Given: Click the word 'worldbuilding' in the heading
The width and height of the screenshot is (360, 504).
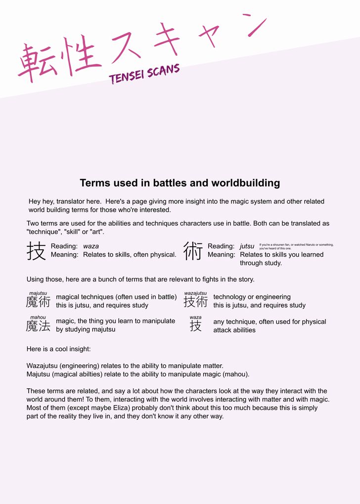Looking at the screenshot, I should coord(245,183).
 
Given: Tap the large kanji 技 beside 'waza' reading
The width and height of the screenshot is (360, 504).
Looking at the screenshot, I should coord(36,251).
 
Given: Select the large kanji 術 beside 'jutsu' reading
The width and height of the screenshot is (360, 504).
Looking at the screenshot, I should coord(193,251).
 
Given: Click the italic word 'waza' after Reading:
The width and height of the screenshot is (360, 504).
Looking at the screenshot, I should coord(90,246).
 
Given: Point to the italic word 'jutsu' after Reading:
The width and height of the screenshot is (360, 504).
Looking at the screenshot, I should coord(247,246).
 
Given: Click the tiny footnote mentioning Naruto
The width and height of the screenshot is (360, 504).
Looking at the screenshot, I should coord(296,246).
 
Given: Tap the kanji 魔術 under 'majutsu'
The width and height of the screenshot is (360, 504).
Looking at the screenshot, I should coord(38,302).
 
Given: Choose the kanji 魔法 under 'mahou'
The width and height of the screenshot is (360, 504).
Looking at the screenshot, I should coord(38,325).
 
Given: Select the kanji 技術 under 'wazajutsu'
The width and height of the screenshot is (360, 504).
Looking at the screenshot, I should coord(195,302).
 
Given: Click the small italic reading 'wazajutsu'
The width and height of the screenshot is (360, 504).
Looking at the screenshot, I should coord(195,293).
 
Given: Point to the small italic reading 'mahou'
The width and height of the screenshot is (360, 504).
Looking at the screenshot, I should coord(38,317).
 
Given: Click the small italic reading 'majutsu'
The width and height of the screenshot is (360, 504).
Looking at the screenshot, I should coord(38,293).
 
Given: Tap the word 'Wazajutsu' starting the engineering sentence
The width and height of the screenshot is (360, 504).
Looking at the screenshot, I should coord(43,366).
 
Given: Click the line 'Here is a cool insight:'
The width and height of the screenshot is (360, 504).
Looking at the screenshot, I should coord(58,349).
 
